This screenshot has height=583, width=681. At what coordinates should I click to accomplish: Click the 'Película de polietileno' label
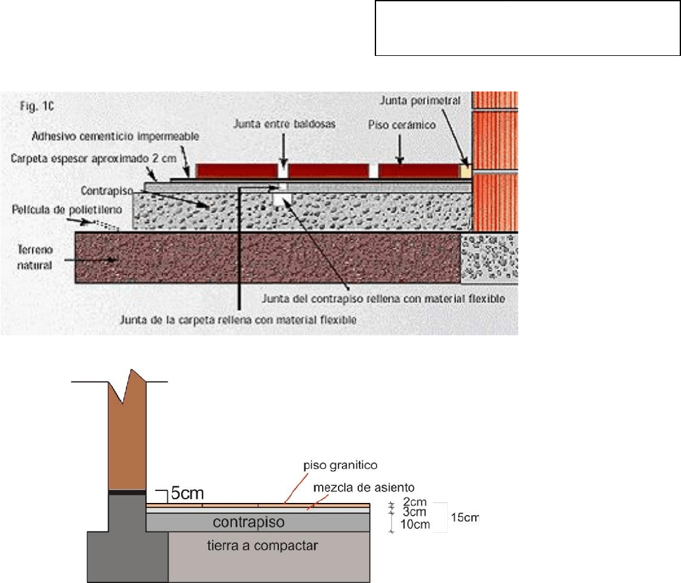[x=49, y=209]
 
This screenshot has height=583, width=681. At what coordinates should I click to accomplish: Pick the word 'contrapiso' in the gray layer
[x=258, y=523]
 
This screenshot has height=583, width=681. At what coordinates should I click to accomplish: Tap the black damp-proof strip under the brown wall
[x=127, y=492]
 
